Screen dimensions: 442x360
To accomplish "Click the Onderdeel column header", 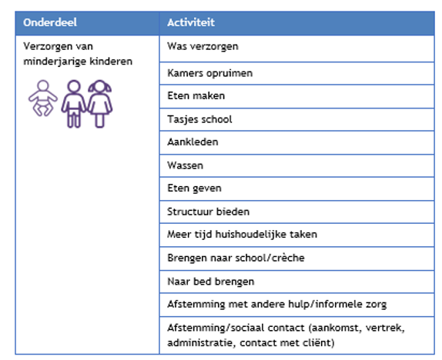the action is pyautogui.click(x=50, y=22).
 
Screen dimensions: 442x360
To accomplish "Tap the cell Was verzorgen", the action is pyautogui.click(x=203, y=46).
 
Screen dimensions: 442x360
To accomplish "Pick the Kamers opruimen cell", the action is pyautogui.click(x=209, y=73).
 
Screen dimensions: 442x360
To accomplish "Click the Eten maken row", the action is pyautogui.click(x=196, y=96).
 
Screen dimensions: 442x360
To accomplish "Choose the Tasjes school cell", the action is pyautogui.click(x=199, y=119).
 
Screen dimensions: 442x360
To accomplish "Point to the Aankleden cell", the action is pyautogui.click(x=193, y=142).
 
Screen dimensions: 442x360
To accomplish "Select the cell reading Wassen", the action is pyautogui.click(x=185, y=165).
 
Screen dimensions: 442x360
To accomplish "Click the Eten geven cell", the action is pyautogui.click(x=194, y=188).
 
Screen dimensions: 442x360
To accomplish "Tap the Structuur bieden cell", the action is pyautogui.click(x=208, y=211).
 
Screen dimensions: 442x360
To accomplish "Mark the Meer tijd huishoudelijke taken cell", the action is pyautogui.click(x=242, y=234).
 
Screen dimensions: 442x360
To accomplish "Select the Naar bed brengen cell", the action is pyautogui.click(x=210, y=281).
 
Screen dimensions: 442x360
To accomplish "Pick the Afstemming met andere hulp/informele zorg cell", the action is pyautogui.click(x=271, y=304).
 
